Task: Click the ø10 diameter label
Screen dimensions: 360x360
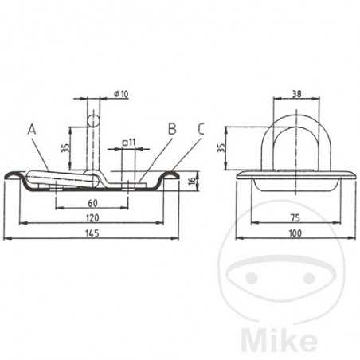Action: coord(122,93)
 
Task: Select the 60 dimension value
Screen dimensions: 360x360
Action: coord(93,203)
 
